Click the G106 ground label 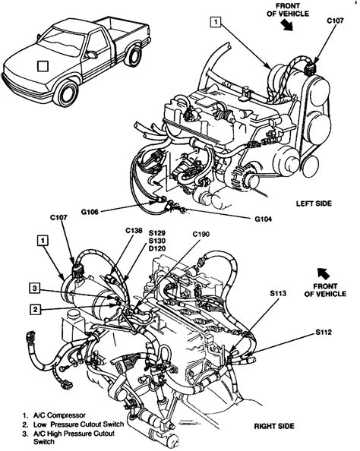point(90,213)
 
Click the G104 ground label point(263,219)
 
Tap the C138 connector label point(134,230)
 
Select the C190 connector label point(201,234)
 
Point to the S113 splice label point(278,293)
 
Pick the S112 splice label point(324,333)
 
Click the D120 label point(156,248)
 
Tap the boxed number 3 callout point(34,288)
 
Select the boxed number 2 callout point(35,310)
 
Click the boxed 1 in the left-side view point(216,21)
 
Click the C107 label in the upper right point(335,20)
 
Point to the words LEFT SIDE point(314,203)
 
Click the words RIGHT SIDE point(274,426)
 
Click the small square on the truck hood point(43,66)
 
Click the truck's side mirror point(91,55)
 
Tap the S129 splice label point(156,232)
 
